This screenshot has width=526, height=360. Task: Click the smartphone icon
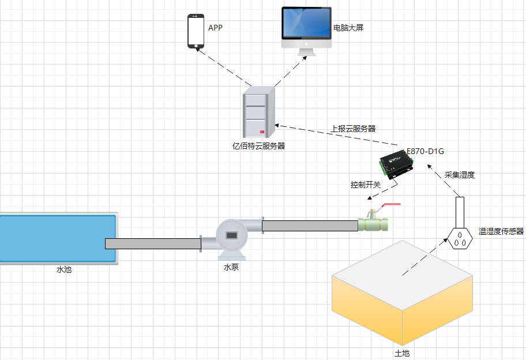coord(196,32)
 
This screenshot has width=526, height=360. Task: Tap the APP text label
coord(215,27)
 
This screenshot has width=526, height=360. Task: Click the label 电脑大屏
coord(348,28)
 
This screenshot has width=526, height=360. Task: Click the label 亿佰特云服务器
coord(258,146)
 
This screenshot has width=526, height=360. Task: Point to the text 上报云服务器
coord(354,129)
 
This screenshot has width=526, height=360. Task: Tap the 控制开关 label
coord(366,185)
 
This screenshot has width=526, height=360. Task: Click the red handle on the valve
coord(392,204)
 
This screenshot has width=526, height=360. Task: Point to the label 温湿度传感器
coord(501,232)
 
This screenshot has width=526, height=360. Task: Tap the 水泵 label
coord(231,268)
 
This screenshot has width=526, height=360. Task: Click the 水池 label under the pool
coord(64,269)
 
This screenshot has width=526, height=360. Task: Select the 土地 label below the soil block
coord(402,352)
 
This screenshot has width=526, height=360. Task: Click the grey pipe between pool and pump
coord(153,243)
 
